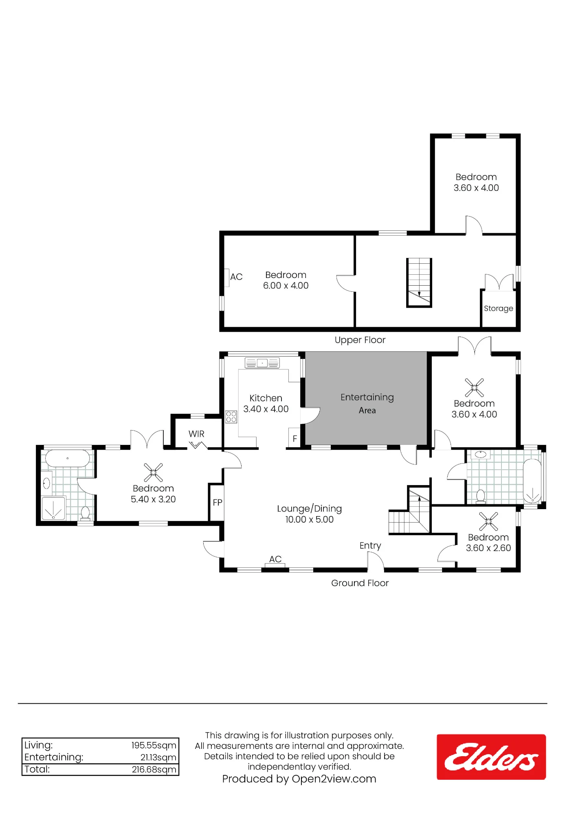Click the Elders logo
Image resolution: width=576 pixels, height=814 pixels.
[x=491, y=757]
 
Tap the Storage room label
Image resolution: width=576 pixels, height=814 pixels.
[x=498, y=309]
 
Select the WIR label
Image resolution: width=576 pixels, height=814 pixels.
[x=196, y=434]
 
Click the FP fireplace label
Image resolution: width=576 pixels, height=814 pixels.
[x=218, y=503]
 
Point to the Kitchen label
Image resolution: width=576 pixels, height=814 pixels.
[x=266, y=398]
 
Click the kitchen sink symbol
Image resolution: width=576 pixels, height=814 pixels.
[x=262, y=363]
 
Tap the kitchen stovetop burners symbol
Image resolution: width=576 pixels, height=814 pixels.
[x=231, y=417]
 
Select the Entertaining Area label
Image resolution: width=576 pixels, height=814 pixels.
[x=367, y=403]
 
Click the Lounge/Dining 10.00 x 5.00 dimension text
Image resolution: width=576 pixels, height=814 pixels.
[x=309, y=519]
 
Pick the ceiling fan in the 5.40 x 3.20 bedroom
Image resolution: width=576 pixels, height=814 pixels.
[x=153, y=473]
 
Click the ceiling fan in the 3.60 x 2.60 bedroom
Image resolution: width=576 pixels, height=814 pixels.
[x=488, y=521]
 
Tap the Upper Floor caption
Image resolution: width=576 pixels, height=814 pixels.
[x=360, y=340]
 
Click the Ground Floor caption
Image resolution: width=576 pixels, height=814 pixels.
[x=360, y=583]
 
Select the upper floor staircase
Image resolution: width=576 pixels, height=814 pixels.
[x=419, y=282]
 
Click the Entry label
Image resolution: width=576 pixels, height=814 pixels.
[x=370, y=546]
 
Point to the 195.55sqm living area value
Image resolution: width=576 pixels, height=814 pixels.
[x=154, y=745]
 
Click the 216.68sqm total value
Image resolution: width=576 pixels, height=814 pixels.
[x=154, y=769]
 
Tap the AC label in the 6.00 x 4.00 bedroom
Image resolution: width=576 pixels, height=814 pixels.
[x=236, y=277]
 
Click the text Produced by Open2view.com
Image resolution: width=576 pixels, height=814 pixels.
[x=299, y=779]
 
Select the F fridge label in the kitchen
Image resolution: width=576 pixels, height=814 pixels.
[x=295, y=439]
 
